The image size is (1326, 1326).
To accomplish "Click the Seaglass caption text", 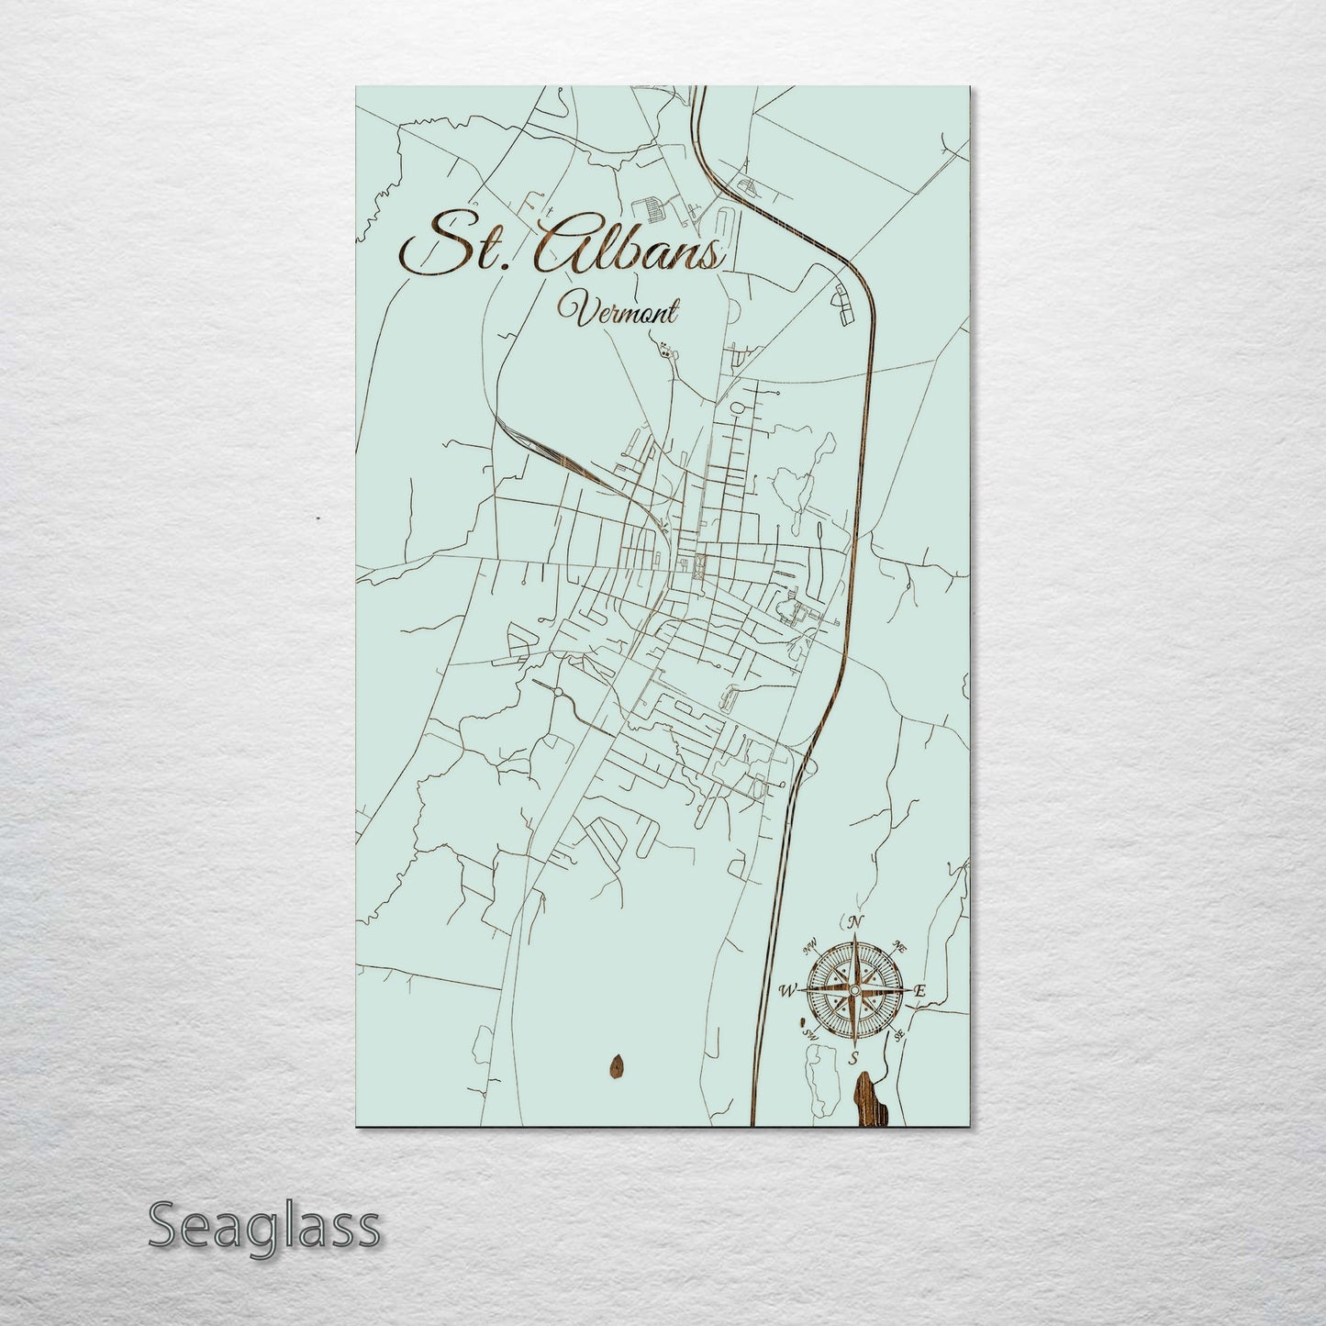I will (263, 1226).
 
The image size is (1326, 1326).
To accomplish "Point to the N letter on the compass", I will (855, 922).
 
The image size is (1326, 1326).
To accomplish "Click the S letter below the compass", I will (853, 1058).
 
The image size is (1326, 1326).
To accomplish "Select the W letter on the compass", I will (786, 990).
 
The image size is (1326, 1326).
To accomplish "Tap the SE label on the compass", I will (899, 1035).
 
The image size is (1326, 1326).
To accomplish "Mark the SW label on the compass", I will (810, 1034).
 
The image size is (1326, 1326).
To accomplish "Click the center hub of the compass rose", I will (853, 990).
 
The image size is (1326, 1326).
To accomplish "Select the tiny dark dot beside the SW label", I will (802, 1020).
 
